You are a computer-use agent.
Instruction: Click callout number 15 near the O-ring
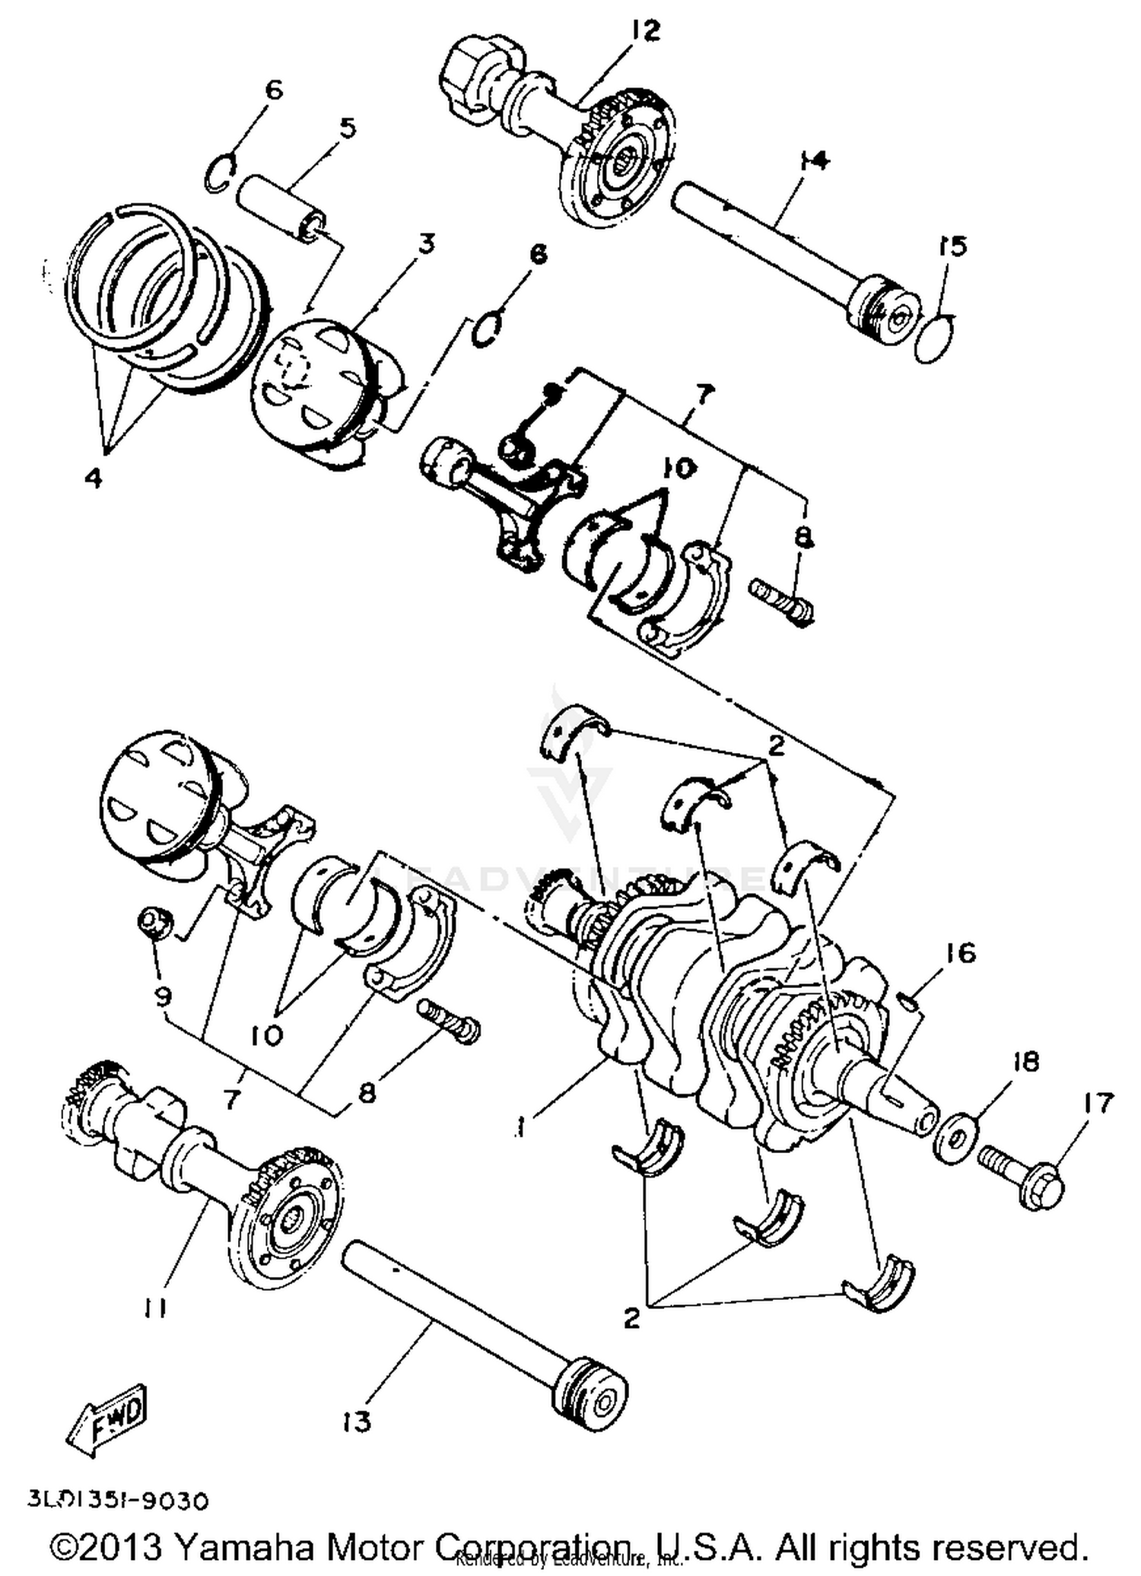pos(952,246)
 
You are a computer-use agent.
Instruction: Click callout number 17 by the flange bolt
pos(1098,1102)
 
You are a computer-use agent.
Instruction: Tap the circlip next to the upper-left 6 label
pos(220,174)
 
